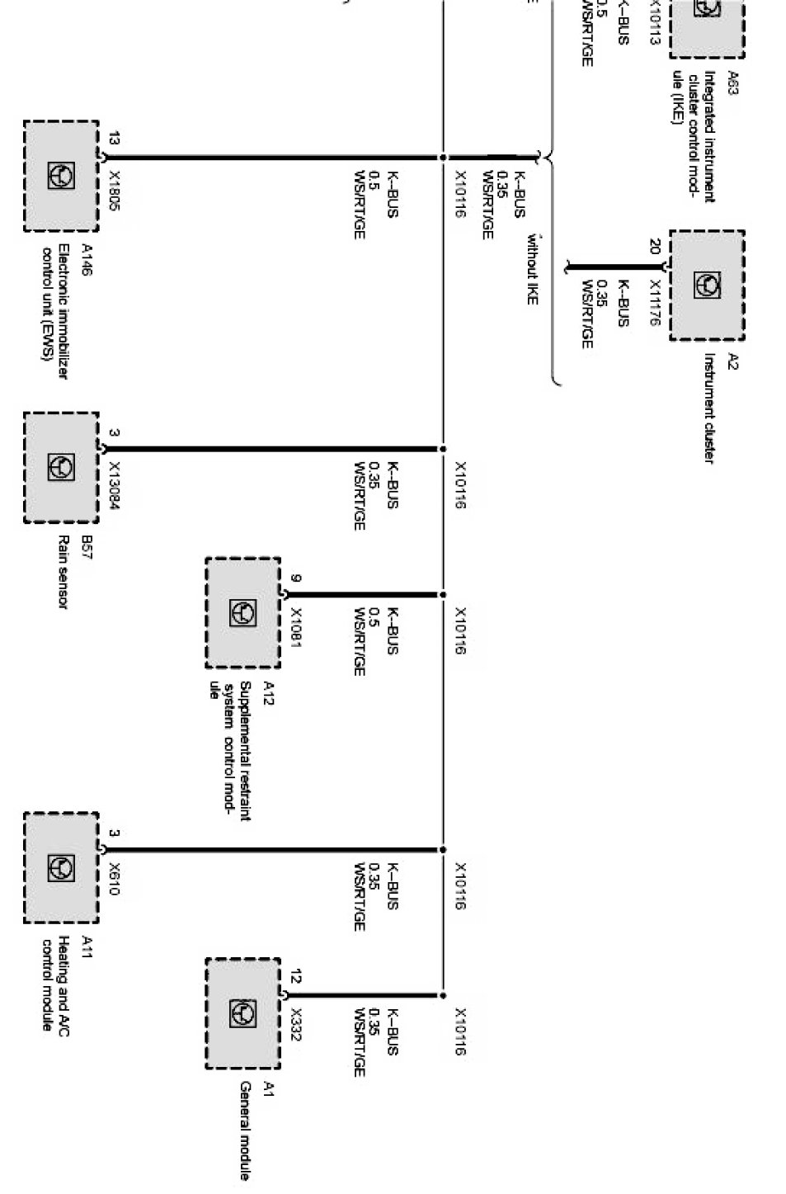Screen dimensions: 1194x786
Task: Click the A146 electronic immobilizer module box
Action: pos(61,176)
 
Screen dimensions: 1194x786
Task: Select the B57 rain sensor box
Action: pos(61,467)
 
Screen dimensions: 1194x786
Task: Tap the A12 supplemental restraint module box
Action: pos(242,612)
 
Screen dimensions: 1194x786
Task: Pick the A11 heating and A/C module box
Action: pos(61,867)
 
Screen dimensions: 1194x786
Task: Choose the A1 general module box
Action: pos(242,1013)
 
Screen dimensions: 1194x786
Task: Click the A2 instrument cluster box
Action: pos(707,286)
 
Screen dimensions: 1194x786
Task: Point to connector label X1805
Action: pos(115,191)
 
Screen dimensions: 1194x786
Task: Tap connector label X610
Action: pos(115,880)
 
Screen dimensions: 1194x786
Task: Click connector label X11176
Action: pos(654,303)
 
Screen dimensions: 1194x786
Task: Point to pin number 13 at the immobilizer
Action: pos(114,139)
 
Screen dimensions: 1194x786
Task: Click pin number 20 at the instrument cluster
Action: pos(654,247)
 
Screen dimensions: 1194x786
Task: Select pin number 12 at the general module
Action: pos(296,978)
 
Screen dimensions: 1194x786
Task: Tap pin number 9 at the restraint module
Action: pos(296,578)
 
